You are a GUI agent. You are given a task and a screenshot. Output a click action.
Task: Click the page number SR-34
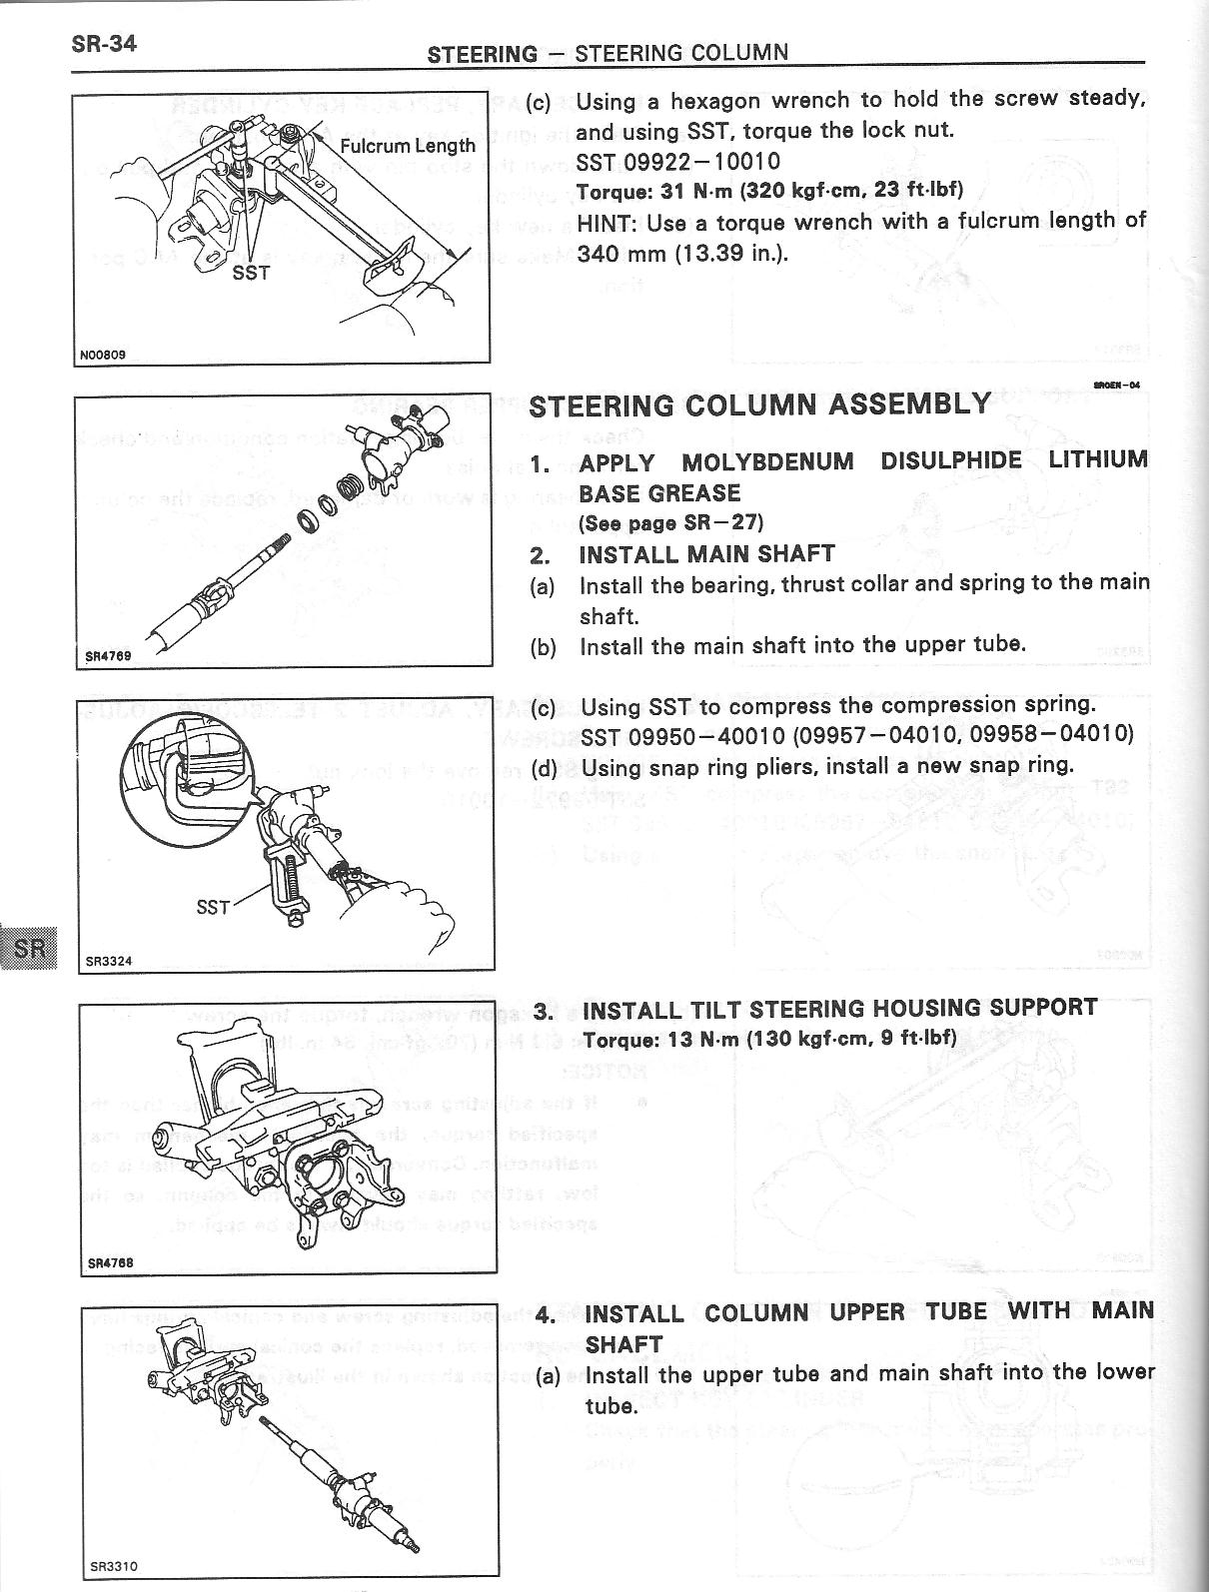pyautogui.click(x=103, y=44)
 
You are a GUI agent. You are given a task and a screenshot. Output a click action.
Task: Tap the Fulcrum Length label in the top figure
pyautogui.click(x=408, y=146)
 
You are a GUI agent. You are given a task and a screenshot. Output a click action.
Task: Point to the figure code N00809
pyautogui.click(x=104, y=354)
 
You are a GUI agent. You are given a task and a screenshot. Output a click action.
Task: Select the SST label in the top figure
pyautogui.click(x=250, y=273)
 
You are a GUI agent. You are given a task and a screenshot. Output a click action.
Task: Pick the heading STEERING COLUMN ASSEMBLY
pyautogui.click(x=759, y=405)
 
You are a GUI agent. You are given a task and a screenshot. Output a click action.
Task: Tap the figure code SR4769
pyautogui.click(x=106, y=657)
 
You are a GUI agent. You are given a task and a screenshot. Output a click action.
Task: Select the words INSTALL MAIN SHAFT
pyautogui.click(x=706, y=554)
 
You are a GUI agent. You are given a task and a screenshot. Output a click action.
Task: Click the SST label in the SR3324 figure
pyautogui.click(x=213, y=908)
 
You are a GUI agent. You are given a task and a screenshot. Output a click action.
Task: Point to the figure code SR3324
pyautogui.click(x=109, y=962)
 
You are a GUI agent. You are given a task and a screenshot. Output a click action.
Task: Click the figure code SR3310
pyautogui.click(x=110, y=1566)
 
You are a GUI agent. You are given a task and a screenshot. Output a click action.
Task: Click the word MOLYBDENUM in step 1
pyautogui.click(x=767, y=462)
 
